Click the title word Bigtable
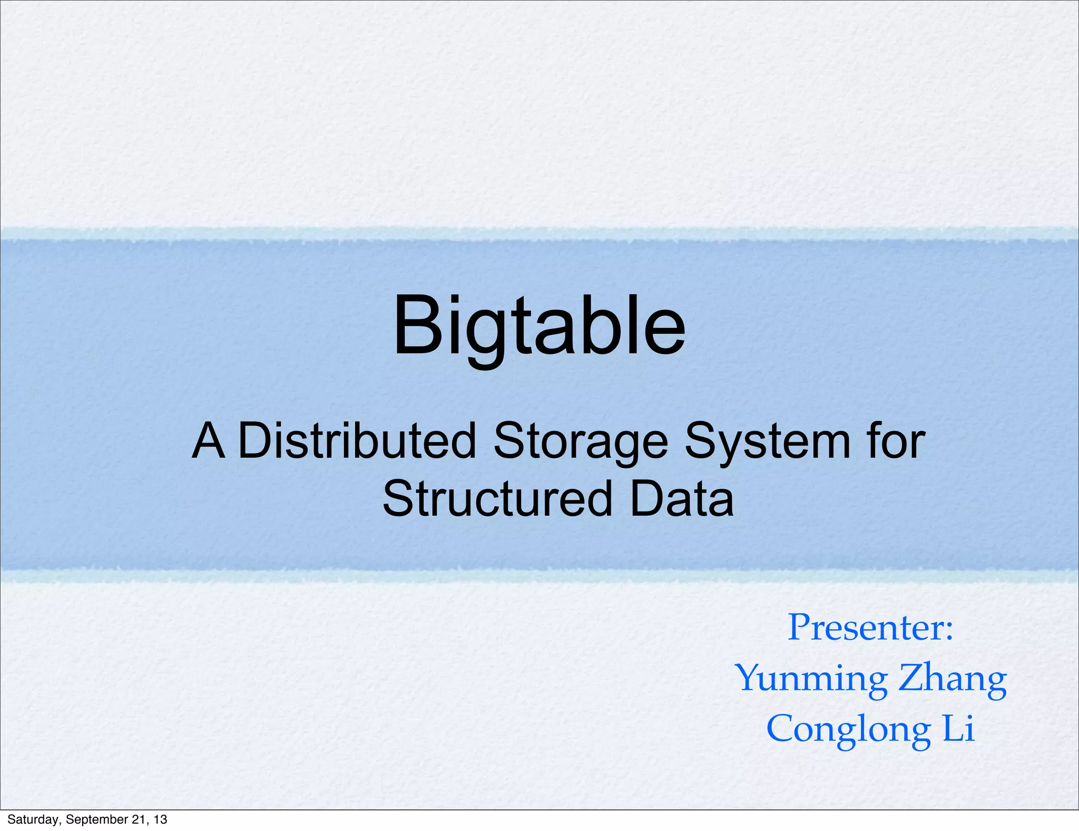coord(539,327)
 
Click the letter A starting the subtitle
coord(209,441)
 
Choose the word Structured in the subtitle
coord(497,499)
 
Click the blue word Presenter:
coord(870,627)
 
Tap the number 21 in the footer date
coord(138,819)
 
